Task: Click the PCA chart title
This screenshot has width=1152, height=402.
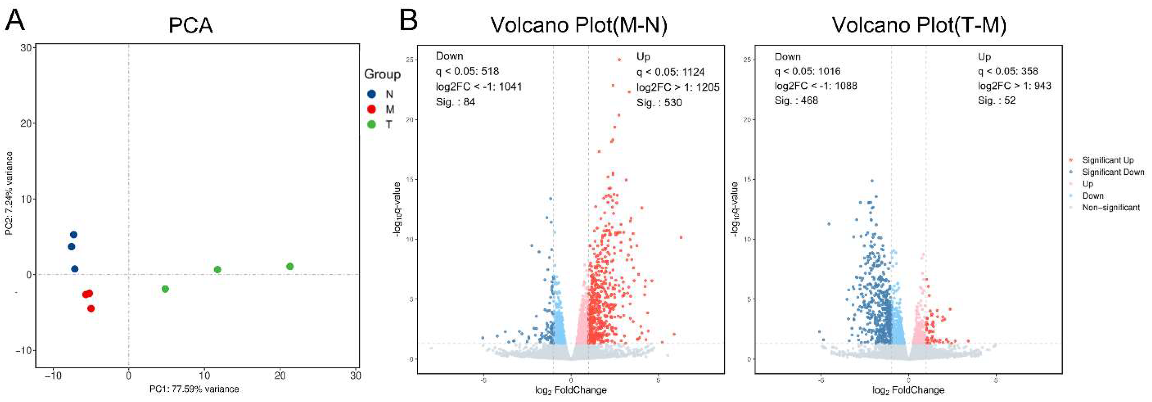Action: coord(190,25)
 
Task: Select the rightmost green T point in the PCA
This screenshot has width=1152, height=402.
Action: coord(290,266)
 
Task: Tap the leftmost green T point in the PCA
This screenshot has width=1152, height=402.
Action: coord(165,289)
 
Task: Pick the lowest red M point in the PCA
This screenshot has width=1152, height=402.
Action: coord(91,308)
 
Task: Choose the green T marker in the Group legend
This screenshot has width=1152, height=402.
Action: coord(371,124)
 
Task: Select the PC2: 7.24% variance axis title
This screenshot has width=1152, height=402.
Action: coord(9,193)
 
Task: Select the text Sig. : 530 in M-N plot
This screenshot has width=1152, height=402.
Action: coord(659,103)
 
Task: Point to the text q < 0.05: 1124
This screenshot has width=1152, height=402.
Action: coord(670,72)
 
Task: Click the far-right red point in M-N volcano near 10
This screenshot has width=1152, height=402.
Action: coord(681,237)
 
